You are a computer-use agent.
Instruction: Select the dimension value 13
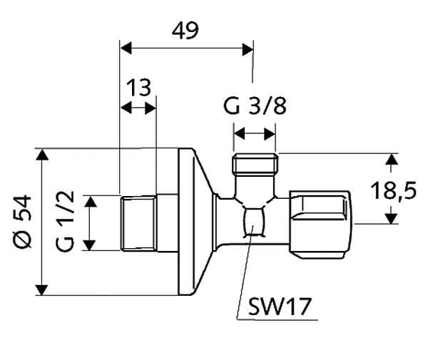tap(139, 88)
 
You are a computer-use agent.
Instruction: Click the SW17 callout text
tap(280, 309)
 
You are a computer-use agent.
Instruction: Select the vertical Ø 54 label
tap(22, 222)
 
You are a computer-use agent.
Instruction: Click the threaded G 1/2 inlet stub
tap(139, 222)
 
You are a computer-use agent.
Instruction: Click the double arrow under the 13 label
tap(138, 108)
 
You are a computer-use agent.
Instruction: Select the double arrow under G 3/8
tap(255, 133)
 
